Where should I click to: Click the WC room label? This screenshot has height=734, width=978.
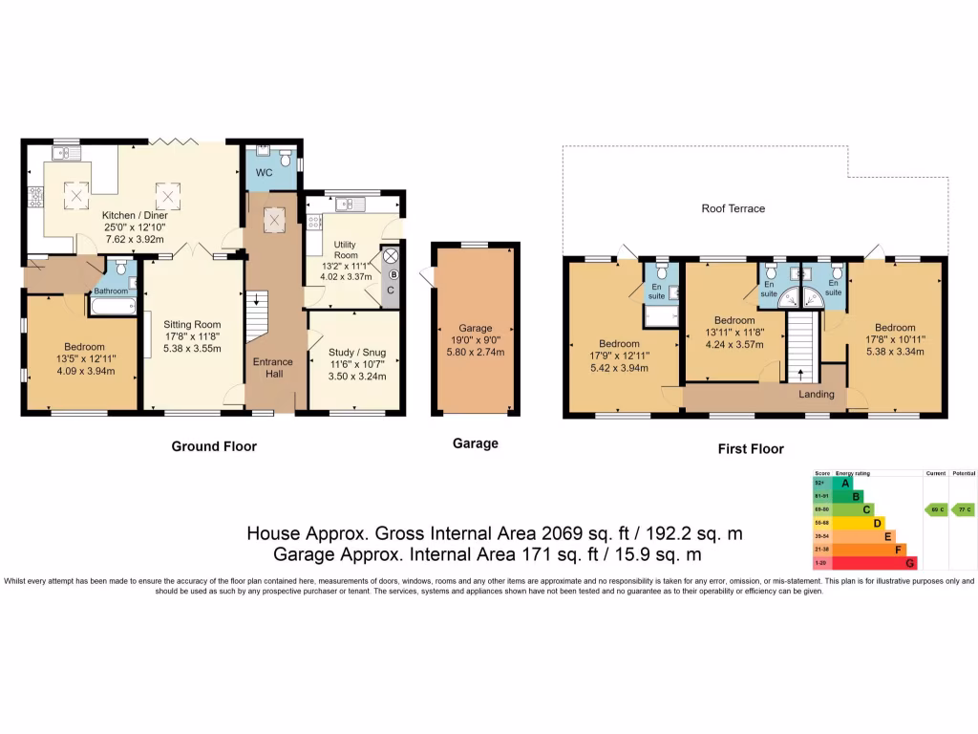(265, 173)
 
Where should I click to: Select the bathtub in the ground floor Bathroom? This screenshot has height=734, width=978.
(108, 306)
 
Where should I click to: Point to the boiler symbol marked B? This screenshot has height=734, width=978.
(393, 274)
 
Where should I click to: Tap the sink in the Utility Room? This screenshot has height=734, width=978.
(348, 203)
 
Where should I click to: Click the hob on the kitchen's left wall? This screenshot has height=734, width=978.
(35, 197)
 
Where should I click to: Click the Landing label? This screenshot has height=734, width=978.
(817, 394)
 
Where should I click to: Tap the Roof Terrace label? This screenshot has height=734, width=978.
(733, 208)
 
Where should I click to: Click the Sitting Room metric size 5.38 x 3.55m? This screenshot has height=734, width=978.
(191, 349)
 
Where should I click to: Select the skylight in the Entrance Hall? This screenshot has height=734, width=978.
(275, 221)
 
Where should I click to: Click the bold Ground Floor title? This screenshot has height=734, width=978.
(214, 446)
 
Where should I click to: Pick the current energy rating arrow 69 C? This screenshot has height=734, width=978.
(935, 509)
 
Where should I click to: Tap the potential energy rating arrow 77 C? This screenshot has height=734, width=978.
(965, 509)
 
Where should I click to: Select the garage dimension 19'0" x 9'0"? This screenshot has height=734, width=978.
(475, 340)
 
